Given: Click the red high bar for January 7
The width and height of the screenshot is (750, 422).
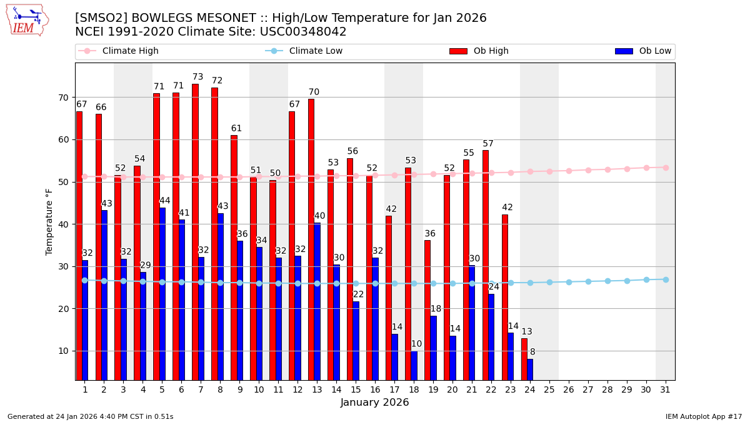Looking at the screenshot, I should pos(195,231).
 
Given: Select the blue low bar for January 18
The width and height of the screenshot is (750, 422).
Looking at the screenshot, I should pos(414,365).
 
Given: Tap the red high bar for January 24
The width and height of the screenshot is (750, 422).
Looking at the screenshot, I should pos(524,359).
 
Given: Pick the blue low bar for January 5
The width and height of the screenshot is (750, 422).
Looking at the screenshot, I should pos(162,294).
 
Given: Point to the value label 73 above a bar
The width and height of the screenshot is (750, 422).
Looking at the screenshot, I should pos(197,77).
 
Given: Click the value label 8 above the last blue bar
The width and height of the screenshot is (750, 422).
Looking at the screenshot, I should pos(532,352).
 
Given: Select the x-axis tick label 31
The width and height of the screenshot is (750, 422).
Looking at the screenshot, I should pos(665,389).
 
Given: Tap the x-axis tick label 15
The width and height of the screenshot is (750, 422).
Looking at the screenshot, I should pos(356,389).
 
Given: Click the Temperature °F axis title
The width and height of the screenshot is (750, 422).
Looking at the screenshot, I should pos(49,221).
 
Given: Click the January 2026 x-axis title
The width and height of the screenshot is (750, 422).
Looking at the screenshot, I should pos(374,403).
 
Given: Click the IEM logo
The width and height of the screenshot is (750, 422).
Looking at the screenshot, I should pos(27,20).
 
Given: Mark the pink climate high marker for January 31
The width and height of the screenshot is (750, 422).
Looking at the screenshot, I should pos(666,168).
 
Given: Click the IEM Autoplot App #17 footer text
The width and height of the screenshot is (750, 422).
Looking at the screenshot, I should pos(704,416).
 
